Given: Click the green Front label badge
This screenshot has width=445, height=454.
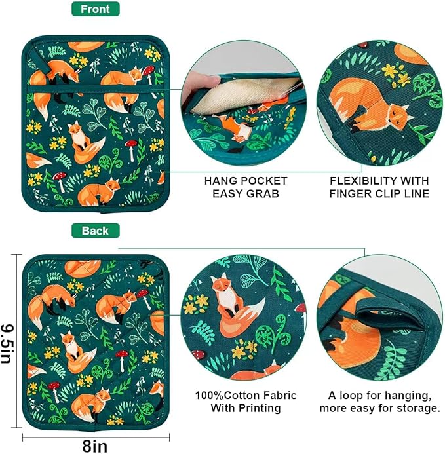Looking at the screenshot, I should coord(96,9).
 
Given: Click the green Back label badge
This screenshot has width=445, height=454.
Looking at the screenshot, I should coord(96,231).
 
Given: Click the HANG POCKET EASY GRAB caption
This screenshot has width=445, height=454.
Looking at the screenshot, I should coord(246,187).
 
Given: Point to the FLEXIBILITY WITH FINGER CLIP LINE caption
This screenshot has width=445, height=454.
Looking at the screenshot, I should coord(379,187).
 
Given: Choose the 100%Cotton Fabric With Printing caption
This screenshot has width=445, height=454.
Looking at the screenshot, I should coord(245,402).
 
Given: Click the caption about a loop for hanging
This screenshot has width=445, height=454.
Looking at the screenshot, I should coord(379,402).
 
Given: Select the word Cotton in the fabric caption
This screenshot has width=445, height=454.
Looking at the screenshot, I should coord(241,396).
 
